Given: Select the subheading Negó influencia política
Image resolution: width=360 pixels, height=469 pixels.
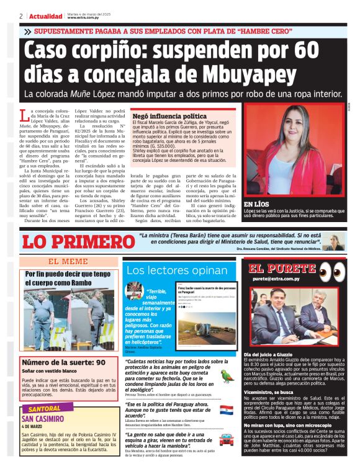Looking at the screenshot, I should pyautogui.click(x=161, y=116).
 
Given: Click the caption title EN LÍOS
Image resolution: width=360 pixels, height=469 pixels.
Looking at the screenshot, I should pyautogui.click(x=256, y=204).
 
